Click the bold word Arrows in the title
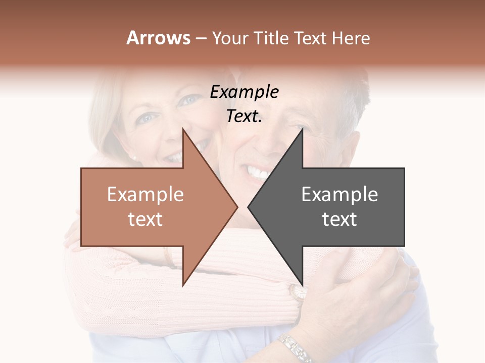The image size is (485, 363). coord(158,38)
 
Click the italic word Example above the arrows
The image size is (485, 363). coord(244,92)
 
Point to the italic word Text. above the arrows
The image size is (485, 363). coord(244,116)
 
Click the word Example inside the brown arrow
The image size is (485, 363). coord(145,195)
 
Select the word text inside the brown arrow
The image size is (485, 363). coord(145,219)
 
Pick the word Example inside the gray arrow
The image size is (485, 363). coord(339,195)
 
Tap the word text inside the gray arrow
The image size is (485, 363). coord(339,219)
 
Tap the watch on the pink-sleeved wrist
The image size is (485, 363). coord(298,292)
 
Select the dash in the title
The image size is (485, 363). coord(201,38)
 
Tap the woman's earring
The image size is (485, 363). coord(135,158)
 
